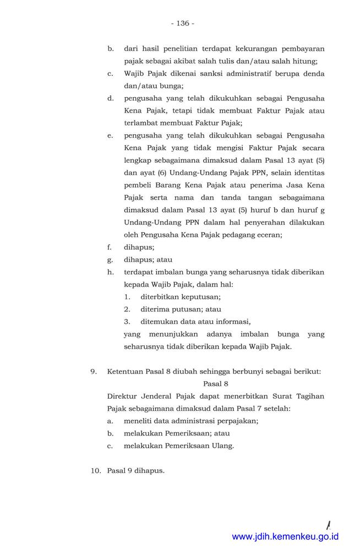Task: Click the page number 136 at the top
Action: point(183,23)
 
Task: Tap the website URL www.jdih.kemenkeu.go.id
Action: point(285,536)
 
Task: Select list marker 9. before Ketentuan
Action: point(94,371)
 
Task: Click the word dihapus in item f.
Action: point(139,248)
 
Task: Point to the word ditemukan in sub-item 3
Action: point(160,322)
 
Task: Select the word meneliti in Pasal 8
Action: point(140,421)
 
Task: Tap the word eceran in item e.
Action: point(269,235)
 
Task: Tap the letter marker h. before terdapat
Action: point(111,272)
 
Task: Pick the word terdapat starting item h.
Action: point(140,272)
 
